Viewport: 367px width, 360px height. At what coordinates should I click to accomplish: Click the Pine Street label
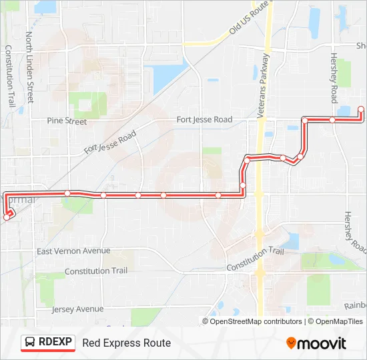(x=67, y=121)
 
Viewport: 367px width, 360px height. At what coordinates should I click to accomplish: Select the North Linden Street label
(x=30, y=67)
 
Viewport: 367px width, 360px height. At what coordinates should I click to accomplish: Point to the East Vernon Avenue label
(x=73, y=251)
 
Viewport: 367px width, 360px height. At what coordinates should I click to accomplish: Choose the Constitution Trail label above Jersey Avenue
(x=95, y=271)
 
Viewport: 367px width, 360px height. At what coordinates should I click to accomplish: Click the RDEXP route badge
(x=47, y=343)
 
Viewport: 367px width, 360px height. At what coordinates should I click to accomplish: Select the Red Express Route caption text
(x=126, y=343)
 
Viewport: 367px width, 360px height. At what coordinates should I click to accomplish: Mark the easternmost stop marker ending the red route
(x=361, y=109)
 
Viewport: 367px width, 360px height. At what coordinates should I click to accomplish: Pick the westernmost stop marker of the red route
(x=7, y=216)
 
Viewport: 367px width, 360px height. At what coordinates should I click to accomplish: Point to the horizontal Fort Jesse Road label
(x=204, y=119)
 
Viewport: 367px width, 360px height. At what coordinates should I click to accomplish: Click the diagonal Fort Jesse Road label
(x=110, y=143)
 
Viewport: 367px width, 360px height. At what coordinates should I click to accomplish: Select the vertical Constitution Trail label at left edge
(x=10, y=76)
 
